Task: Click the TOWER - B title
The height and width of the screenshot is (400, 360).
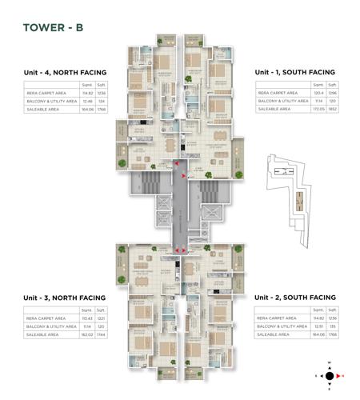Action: click(x=53, y=28)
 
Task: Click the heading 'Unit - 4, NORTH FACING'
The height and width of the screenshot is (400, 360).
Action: click(x=65, y=73)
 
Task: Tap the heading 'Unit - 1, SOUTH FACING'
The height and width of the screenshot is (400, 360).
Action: click(x=295, y=73)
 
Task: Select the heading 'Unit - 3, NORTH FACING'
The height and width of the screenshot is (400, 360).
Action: click(x=65, y=297)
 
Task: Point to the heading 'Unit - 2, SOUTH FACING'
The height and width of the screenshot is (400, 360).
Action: click(x=295, y=297)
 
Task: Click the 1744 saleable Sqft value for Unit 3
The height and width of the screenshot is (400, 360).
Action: click(x=101, y=335)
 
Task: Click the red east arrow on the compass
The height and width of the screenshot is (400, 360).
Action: click(x=342, y=374)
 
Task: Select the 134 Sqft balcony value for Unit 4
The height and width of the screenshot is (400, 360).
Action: click(x=101, y=102)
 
